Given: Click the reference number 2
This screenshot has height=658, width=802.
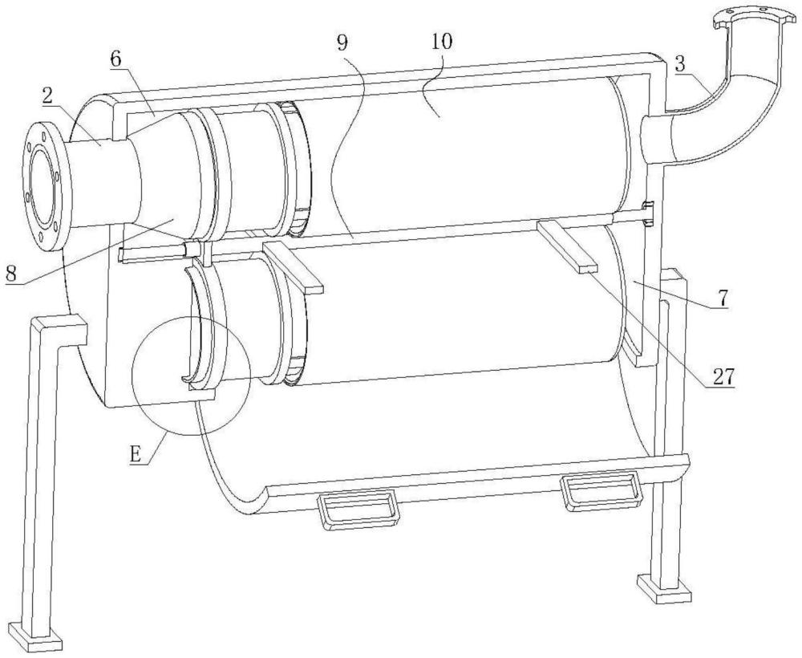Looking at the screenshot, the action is pos(50,98).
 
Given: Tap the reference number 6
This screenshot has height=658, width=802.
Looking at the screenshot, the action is pos(115,60).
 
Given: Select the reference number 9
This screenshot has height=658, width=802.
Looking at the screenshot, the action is pos(342,43).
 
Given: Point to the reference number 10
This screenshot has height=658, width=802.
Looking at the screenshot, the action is pos(442,42).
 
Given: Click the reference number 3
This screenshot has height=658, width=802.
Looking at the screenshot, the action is pos(680,64).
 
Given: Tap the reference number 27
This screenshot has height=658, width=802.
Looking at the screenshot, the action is pos(723,378).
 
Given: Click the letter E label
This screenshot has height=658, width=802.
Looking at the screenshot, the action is pos(135,455).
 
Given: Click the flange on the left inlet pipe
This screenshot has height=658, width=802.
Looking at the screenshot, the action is pos(45,186).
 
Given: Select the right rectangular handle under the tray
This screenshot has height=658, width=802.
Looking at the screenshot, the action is pos(602,490).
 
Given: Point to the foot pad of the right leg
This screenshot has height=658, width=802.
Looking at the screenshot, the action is pos(664,590).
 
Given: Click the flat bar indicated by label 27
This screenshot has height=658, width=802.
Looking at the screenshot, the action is pos(567,245).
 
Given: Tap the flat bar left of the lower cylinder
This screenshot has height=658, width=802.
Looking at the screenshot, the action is pos(293,267).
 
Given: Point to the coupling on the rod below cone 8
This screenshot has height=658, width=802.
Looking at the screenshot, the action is pos(192,250).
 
